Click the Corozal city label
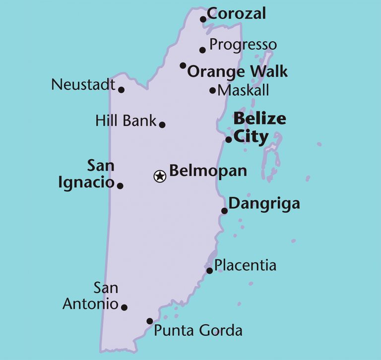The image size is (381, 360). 236,13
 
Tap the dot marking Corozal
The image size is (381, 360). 203,19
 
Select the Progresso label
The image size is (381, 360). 243,45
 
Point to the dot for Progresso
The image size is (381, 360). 202,50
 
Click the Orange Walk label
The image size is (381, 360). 237,71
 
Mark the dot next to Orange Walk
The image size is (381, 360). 183,65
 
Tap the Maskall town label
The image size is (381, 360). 244,90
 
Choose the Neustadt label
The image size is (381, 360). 83,85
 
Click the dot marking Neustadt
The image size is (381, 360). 121,90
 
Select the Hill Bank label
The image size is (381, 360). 126,120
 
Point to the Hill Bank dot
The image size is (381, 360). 162,124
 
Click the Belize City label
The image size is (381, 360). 259,127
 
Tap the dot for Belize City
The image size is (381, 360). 228,139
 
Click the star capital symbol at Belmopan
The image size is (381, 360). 159,176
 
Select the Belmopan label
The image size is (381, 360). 208,171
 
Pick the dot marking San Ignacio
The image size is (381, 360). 120,185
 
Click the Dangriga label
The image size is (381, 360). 264,203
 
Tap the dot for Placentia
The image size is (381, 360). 209,271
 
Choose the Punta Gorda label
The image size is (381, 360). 198,330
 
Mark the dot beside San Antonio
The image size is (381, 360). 124,307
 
